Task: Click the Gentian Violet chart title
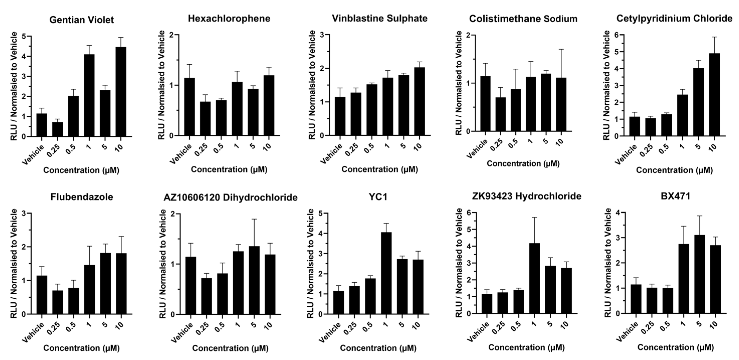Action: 81,20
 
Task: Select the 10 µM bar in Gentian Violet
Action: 121,92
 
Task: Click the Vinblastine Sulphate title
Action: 380,18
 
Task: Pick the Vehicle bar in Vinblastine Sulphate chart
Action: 340,116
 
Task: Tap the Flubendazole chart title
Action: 81,197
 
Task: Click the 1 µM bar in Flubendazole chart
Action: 89,290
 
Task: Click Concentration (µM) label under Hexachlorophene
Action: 229,170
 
